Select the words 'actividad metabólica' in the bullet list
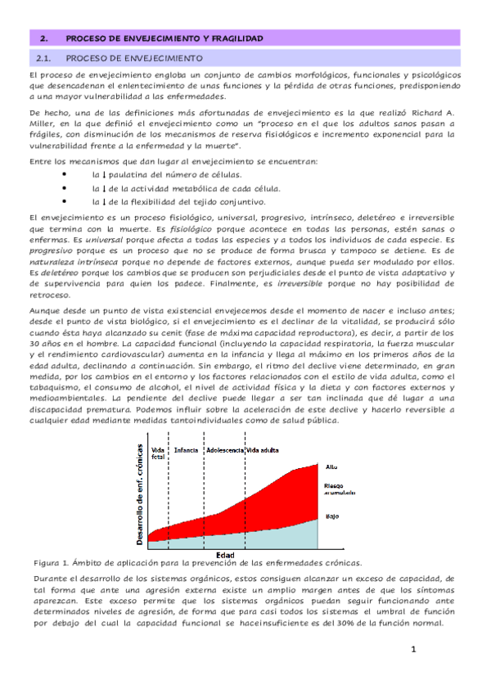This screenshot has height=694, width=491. tap(145, 188)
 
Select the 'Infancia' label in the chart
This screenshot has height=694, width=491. tap(186, 450)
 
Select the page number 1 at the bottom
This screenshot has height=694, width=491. tap(414, 651)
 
